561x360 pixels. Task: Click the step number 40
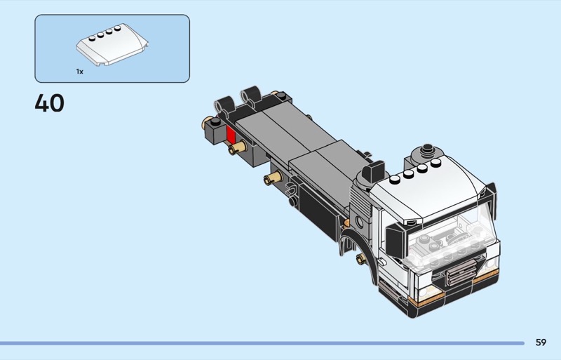point(49,103)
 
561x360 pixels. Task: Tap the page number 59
point(541,342)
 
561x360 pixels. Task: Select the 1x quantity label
point(79,72)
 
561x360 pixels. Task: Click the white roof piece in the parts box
point(112,44)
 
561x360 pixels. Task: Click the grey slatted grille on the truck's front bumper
point(461,272)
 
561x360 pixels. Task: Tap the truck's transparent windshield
point(451,237)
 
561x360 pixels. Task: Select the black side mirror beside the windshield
point(396,239)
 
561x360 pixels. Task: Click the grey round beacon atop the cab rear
point(427,152)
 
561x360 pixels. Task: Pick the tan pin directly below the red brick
point(238,147)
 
